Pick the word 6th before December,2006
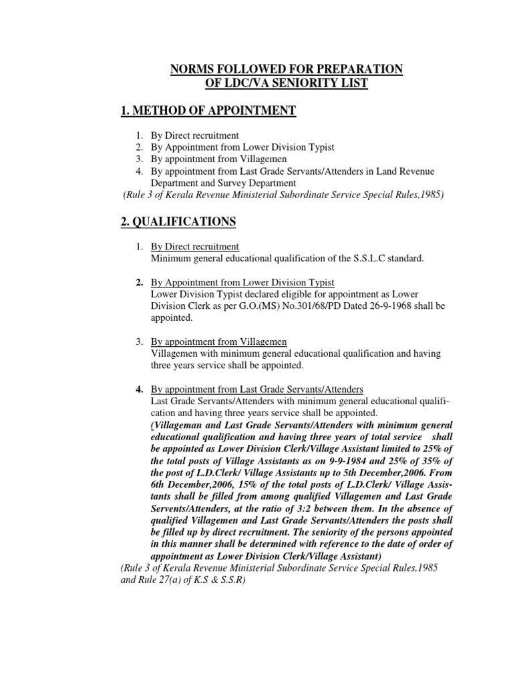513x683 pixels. click(160, 485)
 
